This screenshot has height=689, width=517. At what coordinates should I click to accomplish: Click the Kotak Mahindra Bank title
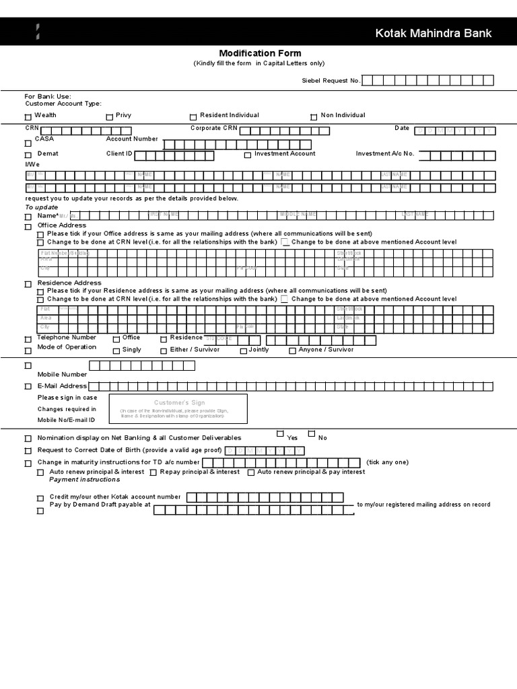tap(434, 33)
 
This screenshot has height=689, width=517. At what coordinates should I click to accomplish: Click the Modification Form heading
tap(260, 53)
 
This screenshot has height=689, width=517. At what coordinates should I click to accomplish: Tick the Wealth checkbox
tap(28, 117)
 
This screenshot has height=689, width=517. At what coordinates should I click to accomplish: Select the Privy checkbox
tap(110, 117)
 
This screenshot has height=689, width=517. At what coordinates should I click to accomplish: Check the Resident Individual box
tap(193, 117)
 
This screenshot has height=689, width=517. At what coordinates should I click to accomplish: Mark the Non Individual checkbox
tap(314, 117)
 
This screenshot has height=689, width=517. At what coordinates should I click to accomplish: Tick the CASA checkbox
tap(28, 143)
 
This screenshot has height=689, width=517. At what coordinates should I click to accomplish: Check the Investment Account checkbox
tap(248, 155)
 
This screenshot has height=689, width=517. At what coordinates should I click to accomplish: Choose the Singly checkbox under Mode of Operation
tap(116, 351)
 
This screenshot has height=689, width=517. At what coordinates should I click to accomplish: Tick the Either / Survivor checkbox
tap(164, 351)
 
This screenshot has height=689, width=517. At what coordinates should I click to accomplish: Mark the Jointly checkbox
tap(244, 351)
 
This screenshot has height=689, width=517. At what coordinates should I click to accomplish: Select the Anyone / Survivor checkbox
tap(292, 351)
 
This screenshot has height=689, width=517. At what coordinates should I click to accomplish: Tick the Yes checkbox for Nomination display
tap(280, 434)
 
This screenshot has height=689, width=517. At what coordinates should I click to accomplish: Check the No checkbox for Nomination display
tap(312, 434)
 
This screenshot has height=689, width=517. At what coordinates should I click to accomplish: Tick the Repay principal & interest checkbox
tap(153, 473)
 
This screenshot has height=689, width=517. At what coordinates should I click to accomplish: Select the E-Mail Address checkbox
tap(28, 387)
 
